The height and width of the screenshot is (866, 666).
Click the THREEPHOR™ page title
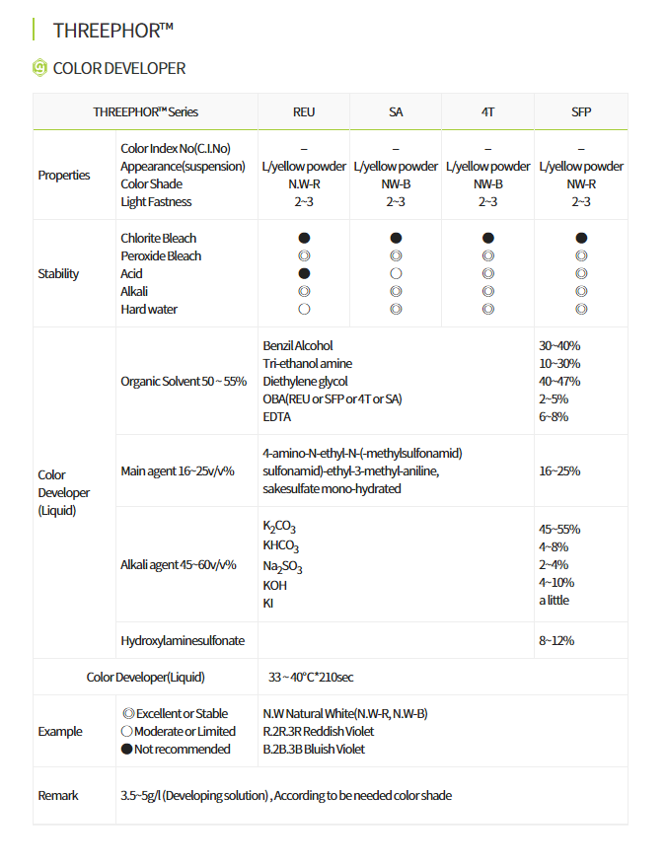click(112, 30)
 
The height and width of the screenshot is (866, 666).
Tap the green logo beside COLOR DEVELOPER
click(39, 67)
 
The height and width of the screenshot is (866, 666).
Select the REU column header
click(304, 111)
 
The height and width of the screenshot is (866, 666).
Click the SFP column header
click(581, 111)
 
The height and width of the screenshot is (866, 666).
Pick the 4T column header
click(488, 111)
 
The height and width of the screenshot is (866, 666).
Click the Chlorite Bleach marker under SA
click(396, 238)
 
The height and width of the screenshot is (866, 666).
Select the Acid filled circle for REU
click(304, 273)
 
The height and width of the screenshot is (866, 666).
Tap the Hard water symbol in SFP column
click(581, 309)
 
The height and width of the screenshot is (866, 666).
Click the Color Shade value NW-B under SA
click(396, 183)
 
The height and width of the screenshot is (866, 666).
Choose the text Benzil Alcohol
click(298, 345)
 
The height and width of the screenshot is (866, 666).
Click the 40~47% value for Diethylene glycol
click(559, 381)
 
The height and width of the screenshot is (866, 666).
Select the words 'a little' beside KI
click(554, 600)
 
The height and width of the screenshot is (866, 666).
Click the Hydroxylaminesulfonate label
click(182, 640)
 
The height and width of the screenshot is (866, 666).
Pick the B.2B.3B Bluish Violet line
click(314, 749)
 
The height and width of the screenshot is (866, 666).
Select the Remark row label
click(58, 795)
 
